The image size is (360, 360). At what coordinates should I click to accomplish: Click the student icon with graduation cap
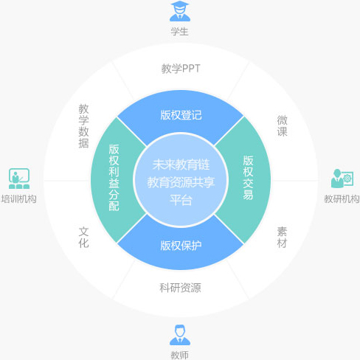pos(180,11)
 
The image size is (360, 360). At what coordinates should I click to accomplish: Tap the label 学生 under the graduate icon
pos(180,32)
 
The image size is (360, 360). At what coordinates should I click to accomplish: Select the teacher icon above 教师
pos(180,335)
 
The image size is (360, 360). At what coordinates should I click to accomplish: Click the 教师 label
pos(180,355)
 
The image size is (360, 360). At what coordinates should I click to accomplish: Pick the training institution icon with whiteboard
pos(19,179)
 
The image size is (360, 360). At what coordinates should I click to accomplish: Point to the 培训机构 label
pos(19,199)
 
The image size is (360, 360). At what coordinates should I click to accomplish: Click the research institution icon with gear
pos(342,179)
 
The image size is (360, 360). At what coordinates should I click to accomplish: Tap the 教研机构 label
pos(342,199)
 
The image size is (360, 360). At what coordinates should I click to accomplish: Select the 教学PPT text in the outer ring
pos(181,69)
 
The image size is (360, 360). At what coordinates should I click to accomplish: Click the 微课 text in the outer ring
pos(283,126)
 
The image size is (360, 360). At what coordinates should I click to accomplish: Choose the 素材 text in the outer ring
pos(282,238)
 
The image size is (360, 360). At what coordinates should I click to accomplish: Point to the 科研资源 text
pos(180,288)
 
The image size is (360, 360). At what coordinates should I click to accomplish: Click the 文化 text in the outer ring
pos(83,238)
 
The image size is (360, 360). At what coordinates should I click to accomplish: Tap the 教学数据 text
pos(83,126)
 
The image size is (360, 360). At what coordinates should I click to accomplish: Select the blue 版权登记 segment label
pos(181,115)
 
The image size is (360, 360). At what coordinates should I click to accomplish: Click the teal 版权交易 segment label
pos(248,177)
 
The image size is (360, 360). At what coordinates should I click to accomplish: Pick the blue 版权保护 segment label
pos(181,246)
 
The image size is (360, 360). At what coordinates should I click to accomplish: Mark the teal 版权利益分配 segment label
pos(114,178)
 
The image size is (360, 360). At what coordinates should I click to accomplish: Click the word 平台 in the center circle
pos(181,200)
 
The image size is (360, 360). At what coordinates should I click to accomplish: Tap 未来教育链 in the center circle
pos(181,165)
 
